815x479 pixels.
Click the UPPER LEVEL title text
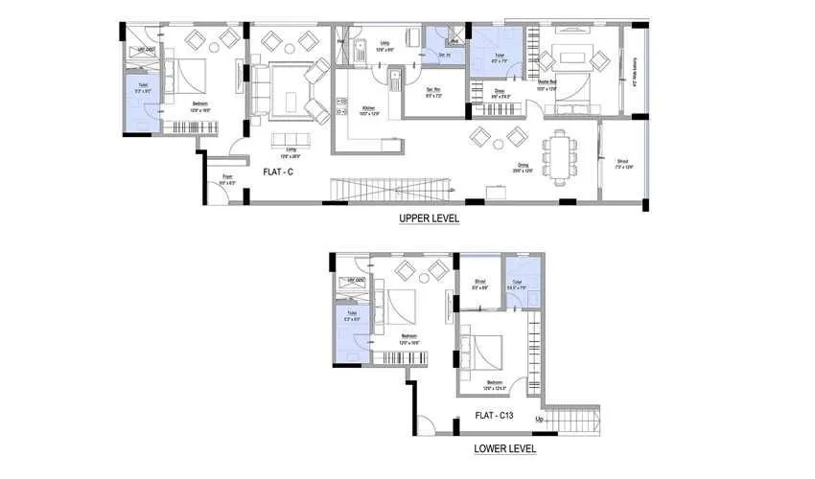coord(430,218)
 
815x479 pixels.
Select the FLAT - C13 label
coord(500,417)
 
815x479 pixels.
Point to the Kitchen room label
coord(368,111)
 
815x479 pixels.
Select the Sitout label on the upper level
coord(623,164)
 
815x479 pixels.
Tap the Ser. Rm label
coord(433,93)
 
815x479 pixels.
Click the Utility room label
coord(384,44)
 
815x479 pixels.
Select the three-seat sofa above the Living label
coord(291,141)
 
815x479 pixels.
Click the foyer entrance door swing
coord(221,193)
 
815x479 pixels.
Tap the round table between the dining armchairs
coord(499,140)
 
